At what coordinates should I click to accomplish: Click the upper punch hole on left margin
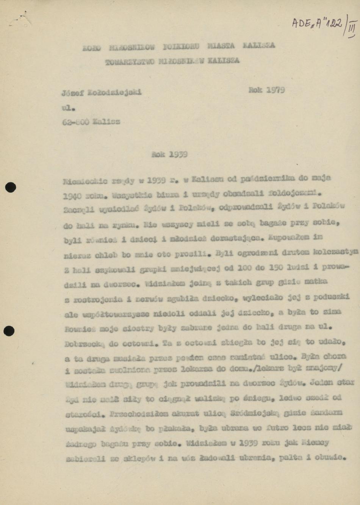[10, 188]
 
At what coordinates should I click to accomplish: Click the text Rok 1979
[266, 90]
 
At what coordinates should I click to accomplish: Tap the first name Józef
[72, 92]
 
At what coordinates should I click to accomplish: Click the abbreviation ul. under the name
[68, 108]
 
